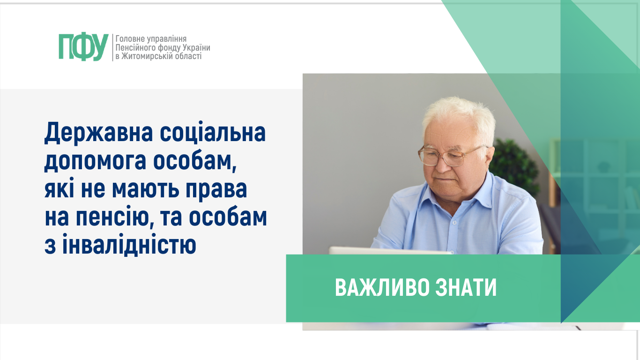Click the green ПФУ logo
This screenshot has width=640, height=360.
click(x=83, y=47)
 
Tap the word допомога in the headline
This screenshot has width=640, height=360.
click(x=96, y=162)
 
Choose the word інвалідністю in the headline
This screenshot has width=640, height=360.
click(x=129, y=245)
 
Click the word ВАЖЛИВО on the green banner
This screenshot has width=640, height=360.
click(x=382, y=288)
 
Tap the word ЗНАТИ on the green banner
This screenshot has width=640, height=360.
click(x=466, y=288)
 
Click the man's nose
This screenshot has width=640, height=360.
click(x=441, y=164)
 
